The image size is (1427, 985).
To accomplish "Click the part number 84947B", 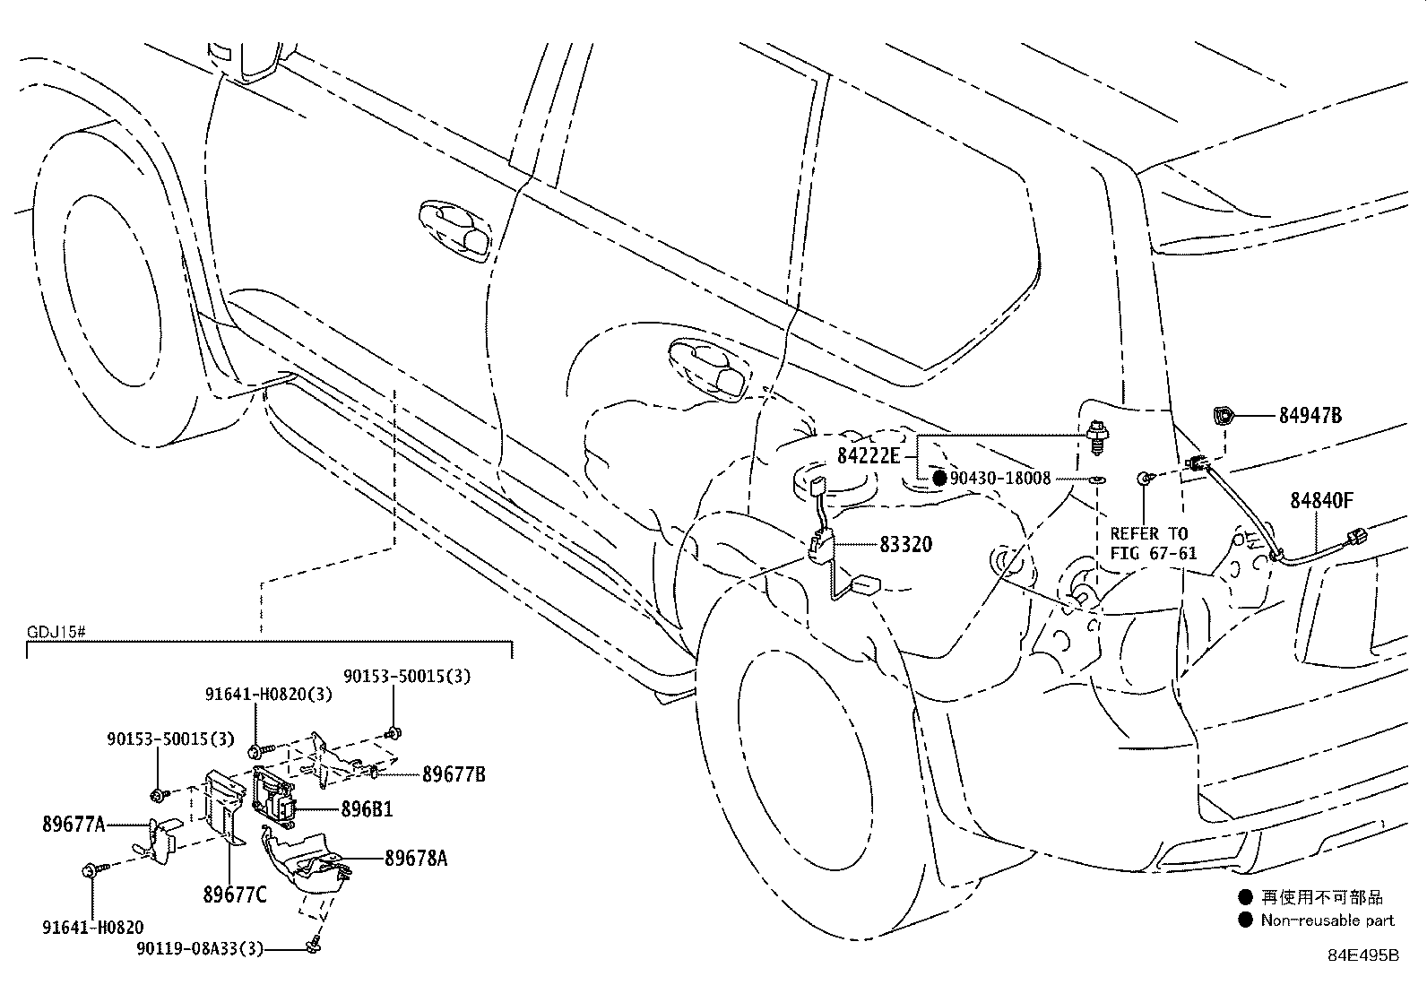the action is coord(1310,415).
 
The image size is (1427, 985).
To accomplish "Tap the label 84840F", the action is coord(1321,501).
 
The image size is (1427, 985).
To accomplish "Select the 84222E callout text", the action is coord(869,455).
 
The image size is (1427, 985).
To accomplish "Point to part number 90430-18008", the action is coord(1000,478).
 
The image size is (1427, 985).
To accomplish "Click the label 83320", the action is coord(906,544).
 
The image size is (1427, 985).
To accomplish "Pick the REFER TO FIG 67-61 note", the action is coord(1153,543).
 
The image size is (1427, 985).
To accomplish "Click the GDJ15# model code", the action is coord(56,632).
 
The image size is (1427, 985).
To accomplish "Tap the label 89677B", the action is coord(454,774).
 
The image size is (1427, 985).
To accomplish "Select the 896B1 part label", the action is coord(367,809).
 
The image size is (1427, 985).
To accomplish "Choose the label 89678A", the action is coord(415,859).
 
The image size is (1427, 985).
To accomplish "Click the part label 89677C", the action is coord(235,894).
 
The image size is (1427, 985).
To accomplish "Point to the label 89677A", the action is coord(74,824).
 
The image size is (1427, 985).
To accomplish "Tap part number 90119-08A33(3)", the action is coord(199,948).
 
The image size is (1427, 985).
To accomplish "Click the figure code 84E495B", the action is coord(1363,955).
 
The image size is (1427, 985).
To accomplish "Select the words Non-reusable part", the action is coord(1328,920).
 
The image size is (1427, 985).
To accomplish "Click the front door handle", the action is coord(454,230).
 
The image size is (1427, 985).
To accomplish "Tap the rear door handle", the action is coord(707,369).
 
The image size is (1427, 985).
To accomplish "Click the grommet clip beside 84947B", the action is coord(1223,415).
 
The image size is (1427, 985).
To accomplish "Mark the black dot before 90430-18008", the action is coord(939,478).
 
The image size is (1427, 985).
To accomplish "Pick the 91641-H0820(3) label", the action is coord(268,694).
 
